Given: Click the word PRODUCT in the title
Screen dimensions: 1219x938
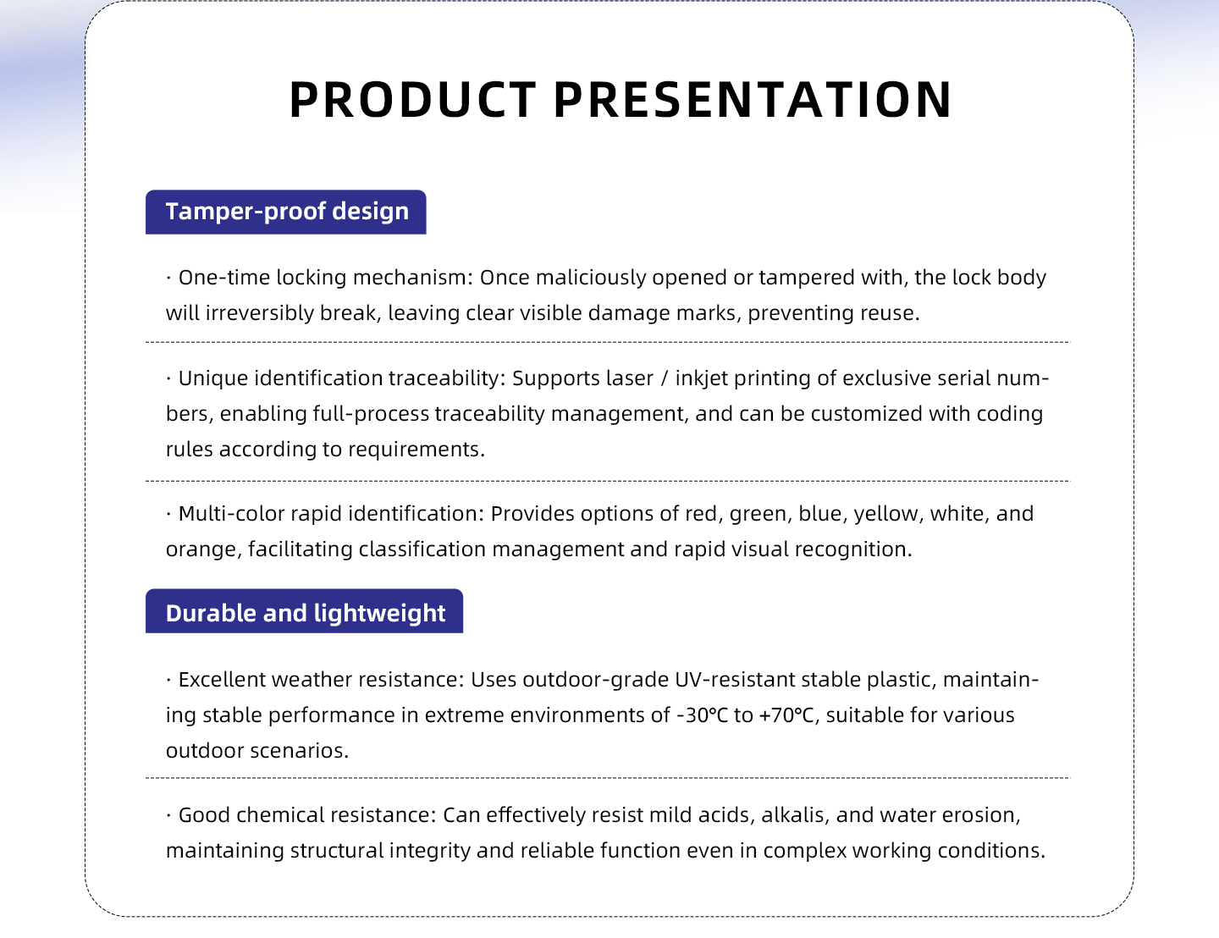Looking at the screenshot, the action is [413, 100].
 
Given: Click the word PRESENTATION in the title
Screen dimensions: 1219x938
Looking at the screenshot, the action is [753, 100].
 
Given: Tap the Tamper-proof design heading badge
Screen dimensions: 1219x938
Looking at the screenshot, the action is [285, 212].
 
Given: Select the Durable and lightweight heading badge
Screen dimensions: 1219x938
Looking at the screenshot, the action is [304, 611].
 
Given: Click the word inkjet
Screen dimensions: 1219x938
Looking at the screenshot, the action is [701, 378].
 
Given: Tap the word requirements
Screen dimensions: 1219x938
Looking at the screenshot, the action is [416, 450].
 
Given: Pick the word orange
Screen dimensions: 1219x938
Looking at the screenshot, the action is [204, 549].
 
